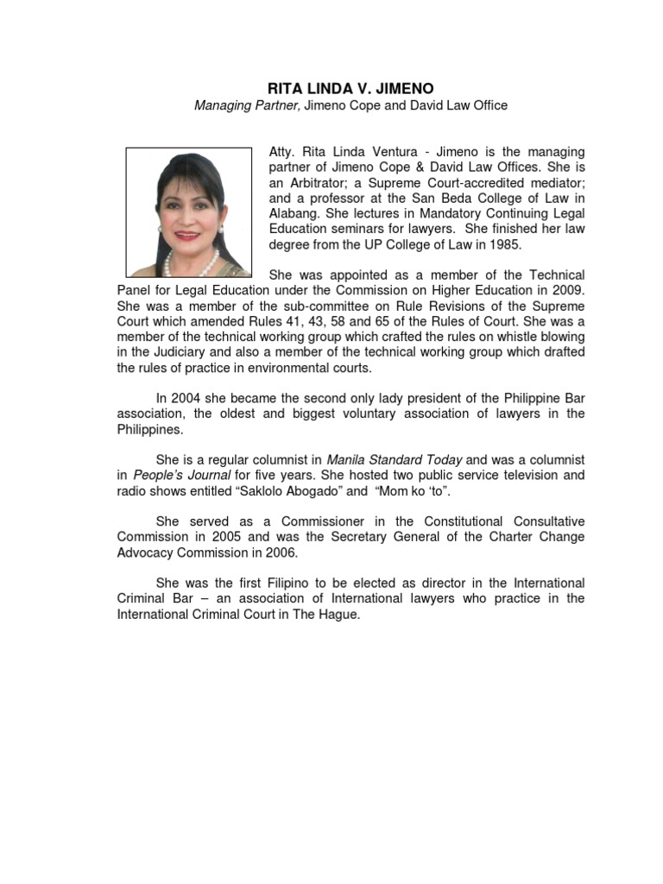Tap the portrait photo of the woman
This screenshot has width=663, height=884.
(188, 212)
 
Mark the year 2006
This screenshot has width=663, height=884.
(279, 552)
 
